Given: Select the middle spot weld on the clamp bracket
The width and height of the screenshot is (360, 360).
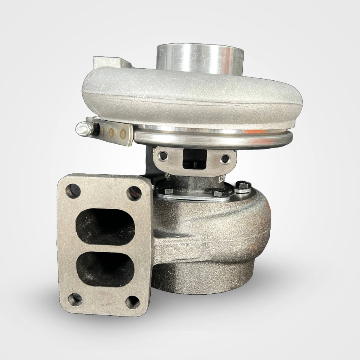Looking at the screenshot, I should [x=112, y=131].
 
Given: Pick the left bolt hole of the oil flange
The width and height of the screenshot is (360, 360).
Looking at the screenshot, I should [x=163, y=157].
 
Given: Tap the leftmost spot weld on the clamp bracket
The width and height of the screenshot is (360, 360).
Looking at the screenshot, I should [x=102, y=130].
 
